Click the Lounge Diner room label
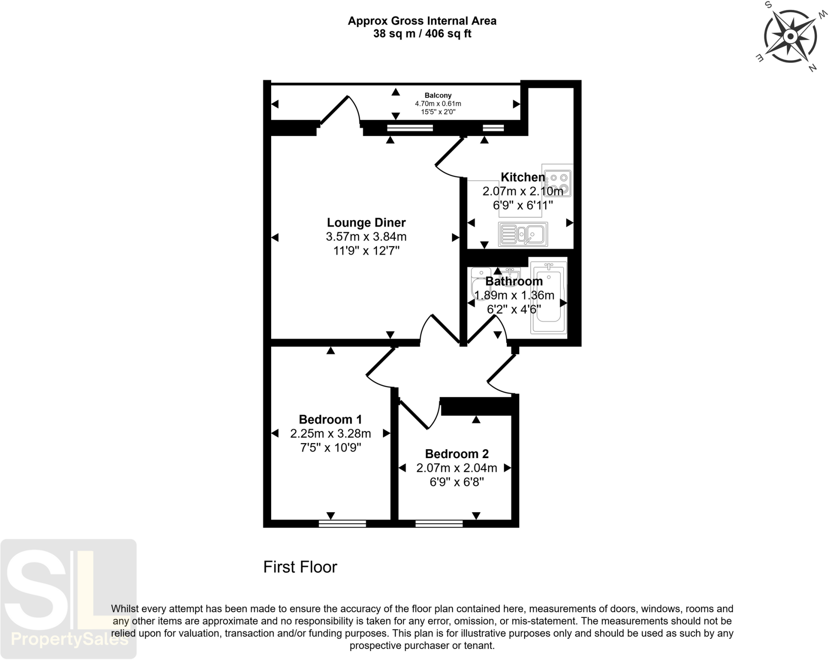coord(366,223)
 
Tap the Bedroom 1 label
coord(330,419)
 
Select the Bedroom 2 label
coord(457,454)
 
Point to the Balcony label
coord(438,95)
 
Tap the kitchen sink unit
coord(523,234)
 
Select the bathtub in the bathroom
coord(548,298)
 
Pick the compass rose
coord(789,37)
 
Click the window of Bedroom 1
coord(342,524)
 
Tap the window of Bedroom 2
coord(439,524)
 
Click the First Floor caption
coord(300,567)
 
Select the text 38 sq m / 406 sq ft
coord(422,34)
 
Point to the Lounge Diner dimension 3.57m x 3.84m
coord(366,237)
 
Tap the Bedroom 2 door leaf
coord(414,414)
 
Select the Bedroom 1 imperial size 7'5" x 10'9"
coord(330,448)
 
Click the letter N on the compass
coord(812,68)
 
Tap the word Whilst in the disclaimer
coord(124,609)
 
